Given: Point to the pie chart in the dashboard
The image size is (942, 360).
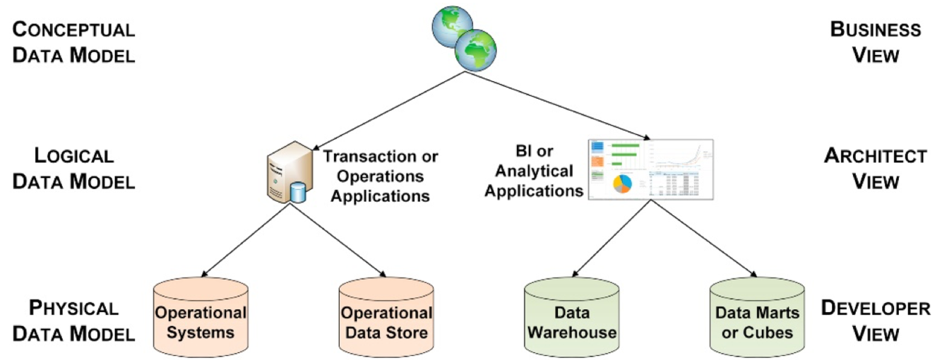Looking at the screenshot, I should [621, 183].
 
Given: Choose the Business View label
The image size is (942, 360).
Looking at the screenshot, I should [875, 42].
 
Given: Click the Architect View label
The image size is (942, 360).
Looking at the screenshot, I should [875, 168].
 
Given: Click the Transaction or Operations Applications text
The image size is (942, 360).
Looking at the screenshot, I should [381, 176].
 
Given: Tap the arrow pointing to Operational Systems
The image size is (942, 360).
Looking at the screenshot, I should [244, 240].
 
